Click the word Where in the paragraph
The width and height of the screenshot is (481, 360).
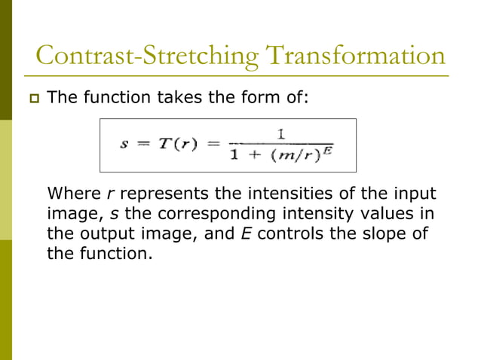click(70, 191)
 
